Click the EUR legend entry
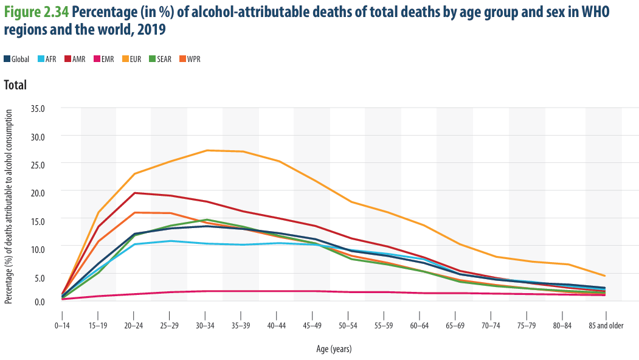[x=131, y=59]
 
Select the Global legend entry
[x=16, y=59]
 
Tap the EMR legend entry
[x=103, y=59]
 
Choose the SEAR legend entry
[x=160, y=59]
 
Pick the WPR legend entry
[x=190, y=59]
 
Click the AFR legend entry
[x=47, y=59]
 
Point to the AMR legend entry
[x=75, y=59]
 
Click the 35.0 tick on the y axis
[x=38, y=109]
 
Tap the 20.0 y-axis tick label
[x=38, y=192]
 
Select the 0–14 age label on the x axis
[x=62, y=325]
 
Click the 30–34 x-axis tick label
[x=205, y=325]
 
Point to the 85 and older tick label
[x=606, y=325]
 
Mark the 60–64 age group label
[x=420, y=325]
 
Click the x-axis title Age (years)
[x=334, y=349]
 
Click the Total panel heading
[x=15, y=85]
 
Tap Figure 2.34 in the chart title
[x=36, y=12]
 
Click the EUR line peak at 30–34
[x=207, y=150]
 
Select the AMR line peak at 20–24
[x=134, y=193]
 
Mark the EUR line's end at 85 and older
[x=605, y=275]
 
